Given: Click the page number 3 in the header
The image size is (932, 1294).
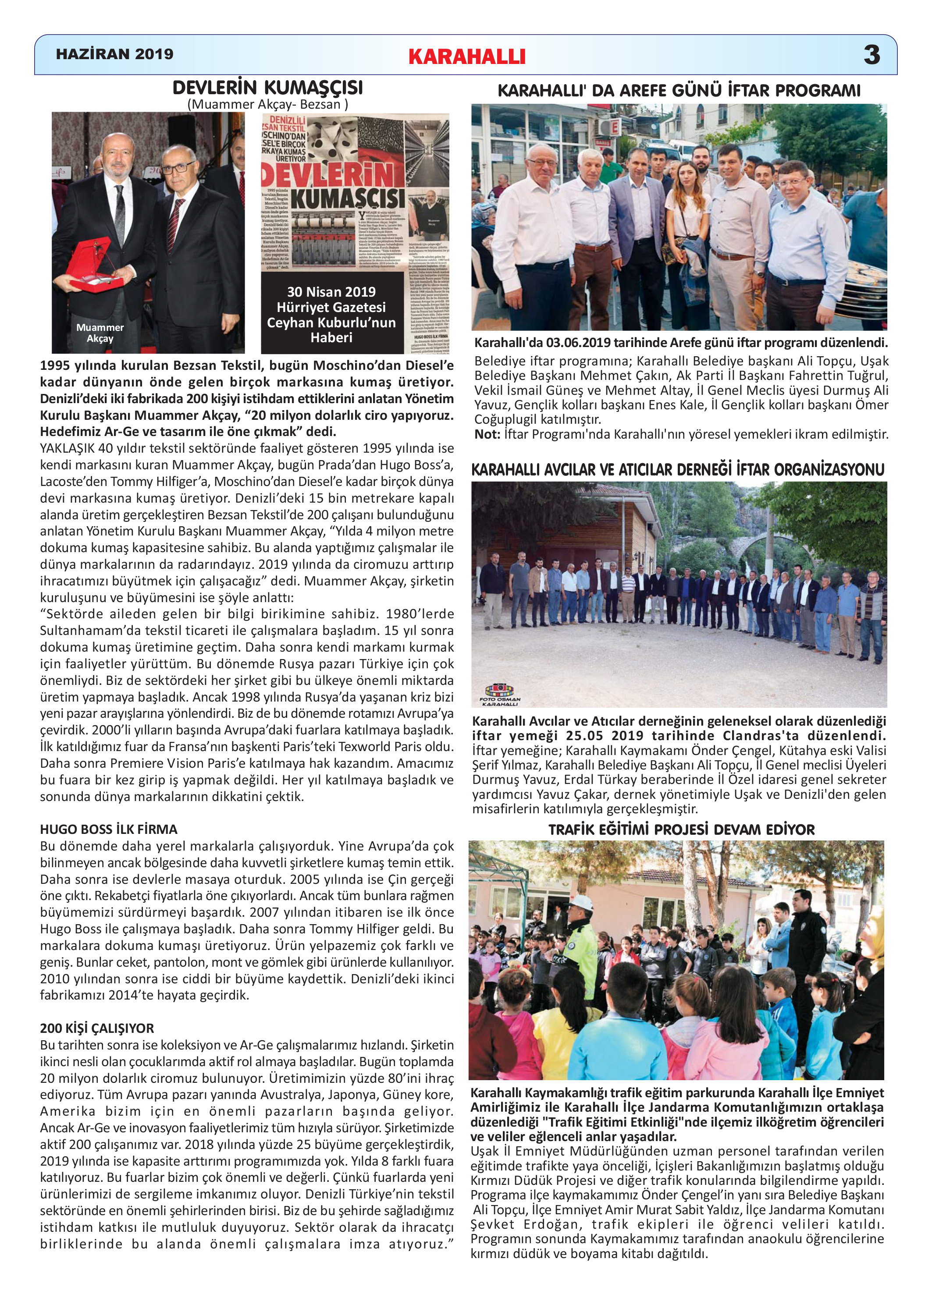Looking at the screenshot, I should coord(872,55).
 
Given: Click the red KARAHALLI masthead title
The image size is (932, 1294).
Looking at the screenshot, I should coord(467,56).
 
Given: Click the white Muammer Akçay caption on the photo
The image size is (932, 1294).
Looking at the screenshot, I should coord(100,333).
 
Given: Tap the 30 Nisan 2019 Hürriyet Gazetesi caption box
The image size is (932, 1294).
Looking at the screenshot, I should coord(331,314).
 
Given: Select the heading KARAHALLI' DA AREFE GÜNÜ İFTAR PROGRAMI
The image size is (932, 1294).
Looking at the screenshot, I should coord(679,91).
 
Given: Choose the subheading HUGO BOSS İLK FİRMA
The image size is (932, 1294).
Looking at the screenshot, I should coord(108,829).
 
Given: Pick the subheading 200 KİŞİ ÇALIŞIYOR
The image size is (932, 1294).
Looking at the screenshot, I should coord(97,1028).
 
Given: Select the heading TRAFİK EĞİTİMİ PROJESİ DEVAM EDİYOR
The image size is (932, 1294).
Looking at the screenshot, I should coord(681,830).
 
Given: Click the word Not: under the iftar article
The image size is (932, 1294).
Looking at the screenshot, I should coord(487,434).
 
